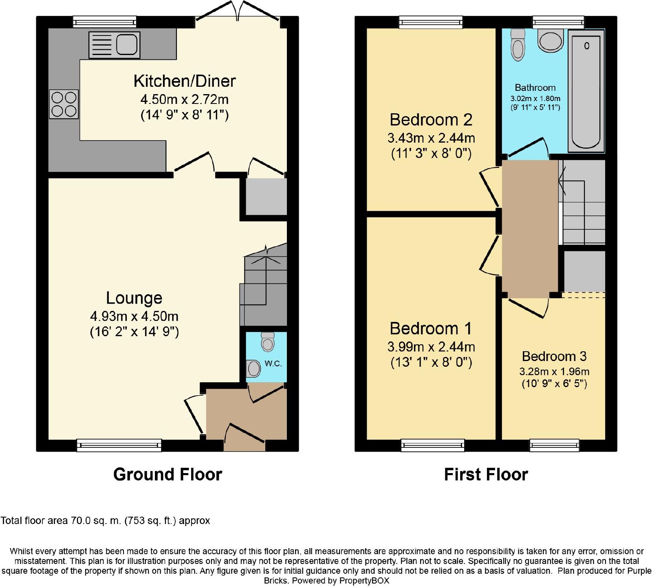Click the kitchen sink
point(115,45)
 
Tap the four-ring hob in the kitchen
point(64,104)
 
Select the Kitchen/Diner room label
point(185,81)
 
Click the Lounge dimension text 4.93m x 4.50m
point(134,316)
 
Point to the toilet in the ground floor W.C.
point(268,342)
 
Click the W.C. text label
point(273,363)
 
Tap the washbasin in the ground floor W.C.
point(253,369)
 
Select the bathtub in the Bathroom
point(586,91)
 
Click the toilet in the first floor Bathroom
point(518,45)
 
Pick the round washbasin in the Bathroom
point(551,40)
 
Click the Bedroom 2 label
point(431,120)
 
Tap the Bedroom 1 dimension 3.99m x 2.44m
point(431,347)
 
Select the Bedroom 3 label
point(554,357)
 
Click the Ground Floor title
point(167,474)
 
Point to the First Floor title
point(486,475)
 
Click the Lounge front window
point(119,445)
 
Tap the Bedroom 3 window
point(554,445)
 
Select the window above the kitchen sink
point(105,22)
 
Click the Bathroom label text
point(535,88)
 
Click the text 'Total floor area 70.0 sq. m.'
point(61,521)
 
